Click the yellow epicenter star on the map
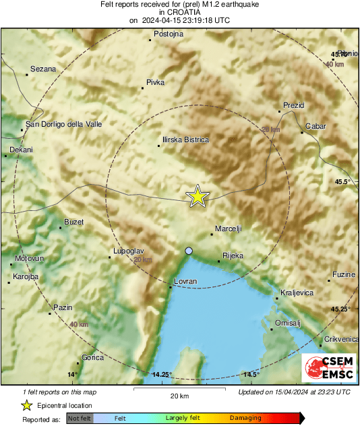198,195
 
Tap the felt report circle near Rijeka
189,251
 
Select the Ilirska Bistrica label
185,140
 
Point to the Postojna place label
169,34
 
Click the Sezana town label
43,69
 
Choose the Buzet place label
73,222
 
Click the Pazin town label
63,307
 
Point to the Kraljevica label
297,293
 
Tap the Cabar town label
315,126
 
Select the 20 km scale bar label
179,395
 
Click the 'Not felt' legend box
80,418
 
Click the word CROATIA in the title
183,12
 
